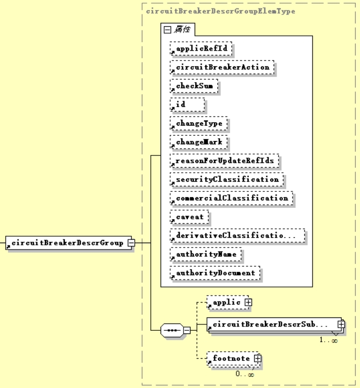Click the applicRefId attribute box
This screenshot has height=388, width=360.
202,49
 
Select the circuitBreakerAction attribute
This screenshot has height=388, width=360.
222,67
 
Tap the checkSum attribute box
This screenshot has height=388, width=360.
194,86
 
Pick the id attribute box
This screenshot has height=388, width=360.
187,105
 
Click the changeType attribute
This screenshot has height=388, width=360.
198,123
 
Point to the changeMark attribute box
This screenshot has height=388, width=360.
198,142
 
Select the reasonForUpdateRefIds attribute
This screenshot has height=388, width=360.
225,161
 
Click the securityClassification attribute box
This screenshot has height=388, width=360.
227,180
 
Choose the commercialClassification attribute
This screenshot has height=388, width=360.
232,198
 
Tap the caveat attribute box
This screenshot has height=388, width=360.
189,217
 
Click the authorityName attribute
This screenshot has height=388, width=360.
206,254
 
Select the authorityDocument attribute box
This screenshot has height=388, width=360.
215,273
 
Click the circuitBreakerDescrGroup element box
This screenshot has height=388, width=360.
67,243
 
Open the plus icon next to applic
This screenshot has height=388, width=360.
248,302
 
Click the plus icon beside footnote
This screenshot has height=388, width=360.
257,358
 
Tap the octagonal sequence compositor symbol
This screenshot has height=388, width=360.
172,330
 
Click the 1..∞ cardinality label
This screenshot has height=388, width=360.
328,340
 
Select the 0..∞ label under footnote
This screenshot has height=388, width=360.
245,374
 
